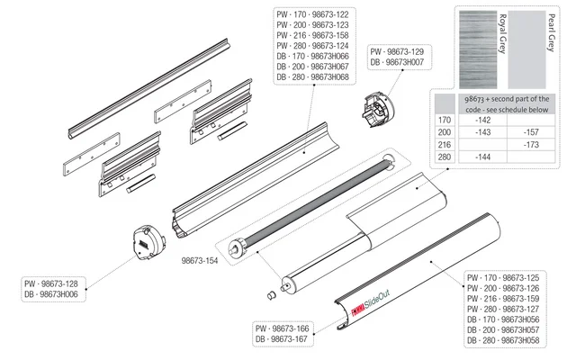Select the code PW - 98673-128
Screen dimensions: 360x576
point(49,283)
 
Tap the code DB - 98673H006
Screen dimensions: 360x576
point(49,294)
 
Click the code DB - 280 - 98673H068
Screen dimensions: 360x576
point(311,76)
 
